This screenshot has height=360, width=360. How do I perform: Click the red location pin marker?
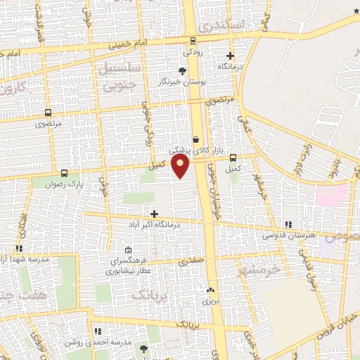coord(181,166)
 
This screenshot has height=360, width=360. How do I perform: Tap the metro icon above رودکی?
coord(193,40)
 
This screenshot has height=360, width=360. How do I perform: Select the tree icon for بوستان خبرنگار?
coord(183,71)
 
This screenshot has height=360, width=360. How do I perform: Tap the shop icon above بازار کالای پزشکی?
coord(195,139)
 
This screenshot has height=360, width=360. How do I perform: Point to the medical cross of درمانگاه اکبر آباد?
coord(154,213)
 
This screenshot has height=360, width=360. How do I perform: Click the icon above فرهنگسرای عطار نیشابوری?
coord(127,250)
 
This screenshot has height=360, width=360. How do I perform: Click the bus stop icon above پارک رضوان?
coord(65,173)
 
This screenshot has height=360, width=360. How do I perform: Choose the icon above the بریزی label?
coord(210,290)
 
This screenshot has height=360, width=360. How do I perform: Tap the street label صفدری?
coord(188,261)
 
